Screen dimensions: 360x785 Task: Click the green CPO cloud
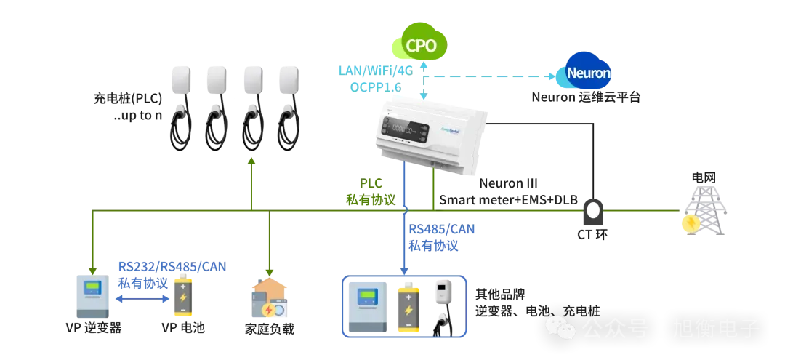coord(421,45)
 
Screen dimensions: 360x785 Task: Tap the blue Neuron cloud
coord(588,73)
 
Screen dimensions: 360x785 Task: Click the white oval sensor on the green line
coord(593,211)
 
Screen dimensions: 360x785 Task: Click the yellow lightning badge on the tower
coord(690,223)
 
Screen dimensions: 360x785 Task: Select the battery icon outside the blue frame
coord(182,299)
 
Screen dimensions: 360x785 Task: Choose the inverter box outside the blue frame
coord(92,298)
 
